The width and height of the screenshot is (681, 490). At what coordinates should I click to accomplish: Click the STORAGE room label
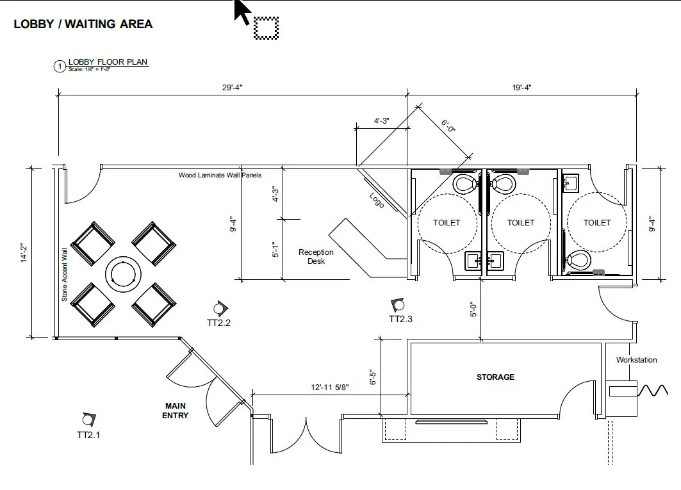coord(495,377)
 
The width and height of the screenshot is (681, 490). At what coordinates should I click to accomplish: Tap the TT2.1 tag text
coord(88,435)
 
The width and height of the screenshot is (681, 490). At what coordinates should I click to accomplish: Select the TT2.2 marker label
coord(218,323)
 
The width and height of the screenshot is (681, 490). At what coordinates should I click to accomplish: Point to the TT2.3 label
coord(400,319)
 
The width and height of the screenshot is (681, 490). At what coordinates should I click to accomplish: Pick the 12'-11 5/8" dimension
coord(329,388)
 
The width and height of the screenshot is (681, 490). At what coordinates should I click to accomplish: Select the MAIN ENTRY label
coord(176,411)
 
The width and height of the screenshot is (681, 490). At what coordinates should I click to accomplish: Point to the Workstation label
coord(636,360)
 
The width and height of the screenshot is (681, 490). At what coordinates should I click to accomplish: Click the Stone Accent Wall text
coord(64,275)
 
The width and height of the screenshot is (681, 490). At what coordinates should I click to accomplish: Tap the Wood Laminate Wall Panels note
coord(220,175)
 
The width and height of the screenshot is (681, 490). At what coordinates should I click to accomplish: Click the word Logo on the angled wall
coord(377,200)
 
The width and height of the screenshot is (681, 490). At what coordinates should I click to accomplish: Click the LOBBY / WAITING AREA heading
coord(83,24)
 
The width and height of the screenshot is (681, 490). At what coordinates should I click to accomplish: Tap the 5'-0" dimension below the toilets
coord(473,310)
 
